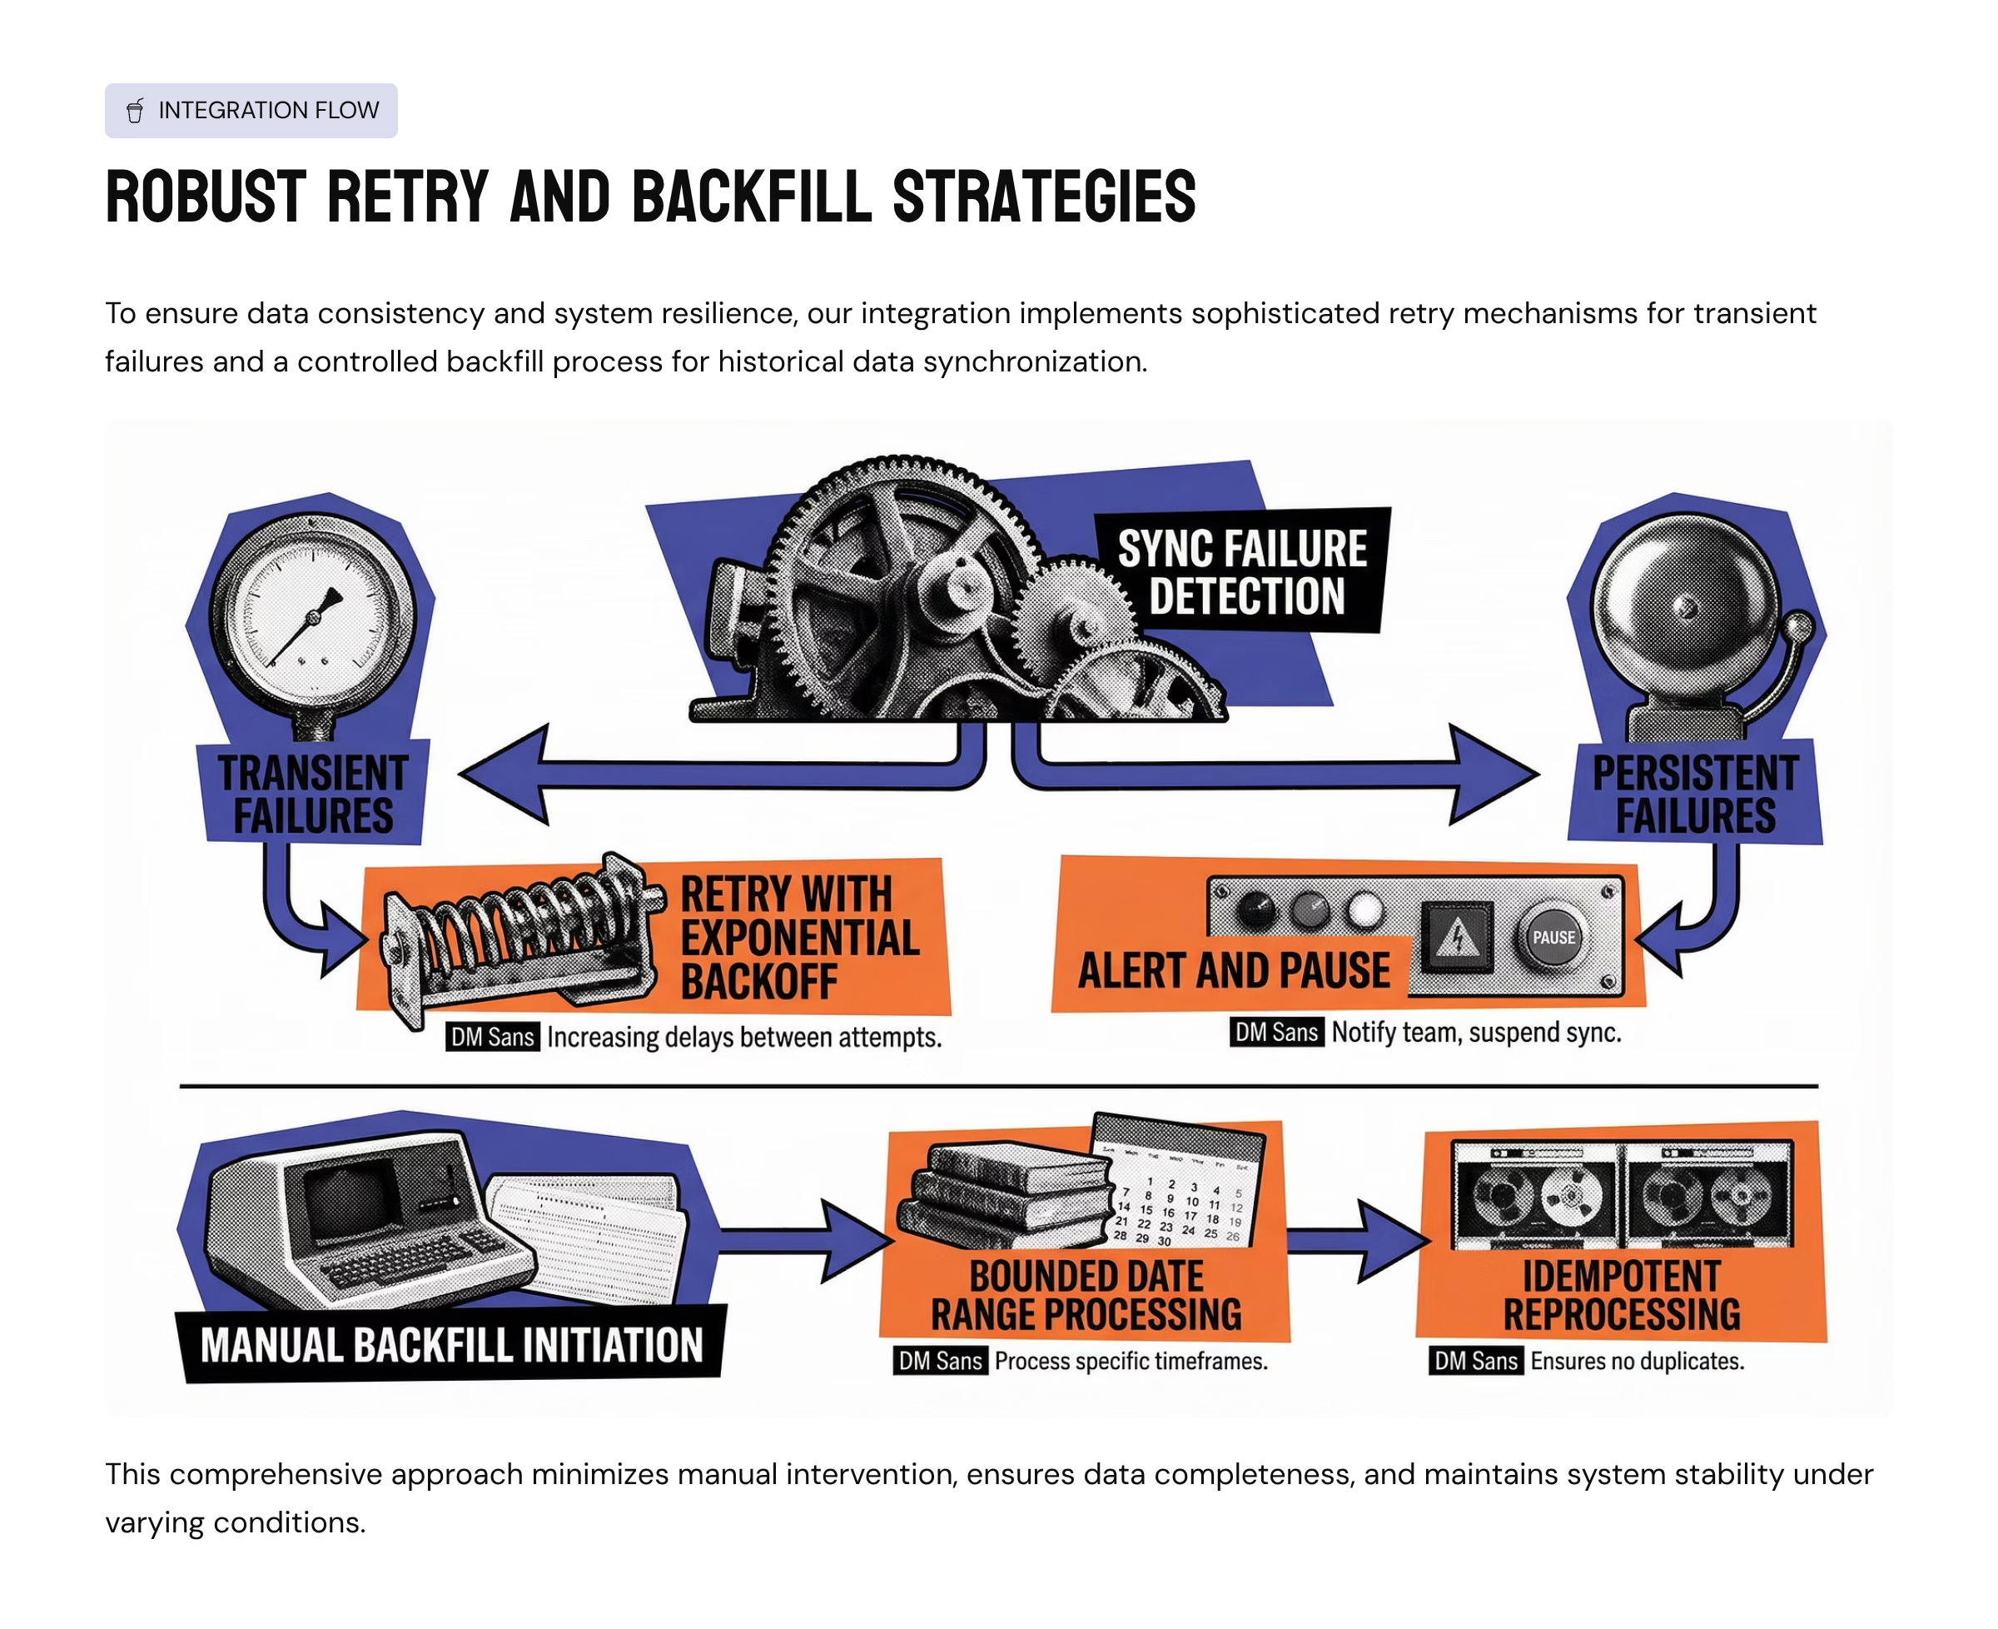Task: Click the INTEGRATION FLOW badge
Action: pos(251,111)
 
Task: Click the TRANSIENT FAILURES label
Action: pos(312,794)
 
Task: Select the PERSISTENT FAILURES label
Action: pos(1694,794)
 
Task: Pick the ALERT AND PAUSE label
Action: pos(1233,970)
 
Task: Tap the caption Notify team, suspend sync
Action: pos(1475,1032)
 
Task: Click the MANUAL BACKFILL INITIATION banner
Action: pos(451,1343)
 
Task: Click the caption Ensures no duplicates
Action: pos(1637,1361)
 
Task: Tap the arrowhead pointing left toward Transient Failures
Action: pos(502,775)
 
